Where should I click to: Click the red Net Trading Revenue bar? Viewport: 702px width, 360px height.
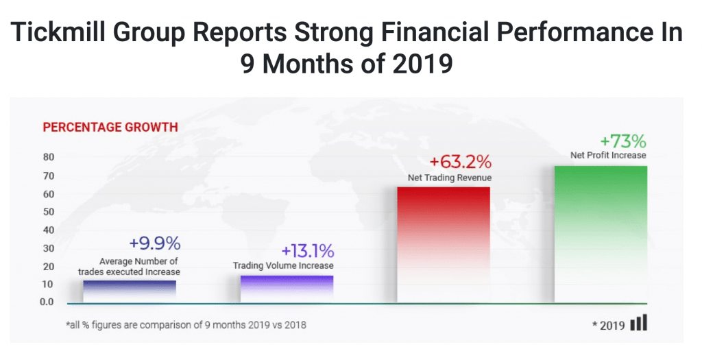pyautogui.click(x=444, y=243)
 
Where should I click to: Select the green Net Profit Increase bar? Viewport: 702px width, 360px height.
pyautogui.click(x=601, y=233)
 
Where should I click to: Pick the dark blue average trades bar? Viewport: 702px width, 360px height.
pyautogui.click(x=130, y=290)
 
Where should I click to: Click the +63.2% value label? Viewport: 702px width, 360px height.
pyautogui.click(x=461, y=163)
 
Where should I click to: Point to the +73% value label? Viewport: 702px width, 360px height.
pyautogui.click(x=623, y=141)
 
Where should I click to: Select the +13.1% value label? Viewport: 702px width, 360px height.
pyautogui.click(x=307, y=250)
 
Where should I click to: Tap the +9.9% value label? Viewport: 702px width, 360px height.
pyautogui.click(x=154, y=243)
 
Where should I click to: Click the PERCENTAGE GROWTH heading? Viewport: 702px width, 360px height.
pyautogui.click(x=110, y=127)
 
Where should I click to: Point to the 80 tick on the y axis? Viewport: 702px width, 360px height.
pyautogui.click(x=49, y=157)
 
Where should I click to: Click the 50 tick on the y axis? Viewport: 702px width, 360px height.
pyautogui.click(x=49, y=211)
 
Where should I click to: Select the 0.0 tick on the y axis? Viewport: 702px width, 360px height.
pyautogui.click(x=47, y=302)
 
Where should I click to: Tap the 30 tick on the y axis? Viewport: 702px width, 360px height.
pyautogui.click(x=49, y=248)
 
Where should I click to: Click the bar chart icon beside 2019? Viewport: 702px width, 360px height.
pyautogui.click(x=638, y=323)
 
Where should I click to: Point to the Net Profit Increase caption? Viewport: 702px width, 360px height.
pyautogui.click(x=608, y=155)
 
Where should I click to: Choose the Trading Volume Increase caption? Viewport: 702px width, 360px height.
pyautogui.click(x=283, y=265)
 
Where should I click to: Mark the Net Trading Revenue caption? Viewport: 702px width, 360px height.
pyautogui.click(x=445, y=178)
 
